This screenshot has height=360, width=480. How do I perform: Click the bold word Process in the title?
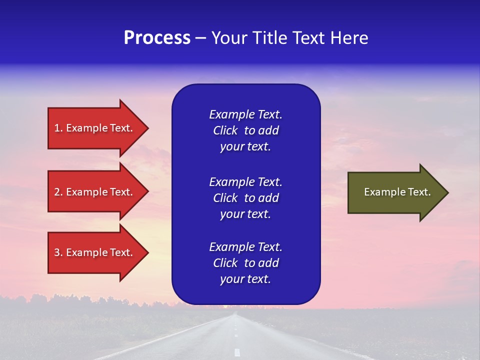(x=157, y=38)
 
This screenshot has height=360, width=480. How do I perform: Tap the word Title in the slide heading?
(x=269, y=38)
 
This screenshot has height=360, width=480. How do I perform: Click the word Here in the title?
(x=349, y=38)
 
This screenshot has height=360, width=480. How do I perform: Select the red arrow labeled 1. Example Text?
(x=95, y=128)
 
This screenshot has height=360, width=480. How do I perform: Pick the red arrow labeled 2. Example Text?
(x=95, y=192)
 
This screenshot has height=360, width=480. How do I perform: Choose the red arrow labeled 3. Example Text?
(x=95, y=252)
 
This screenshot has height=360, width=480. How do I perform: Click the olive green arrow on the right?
(x=395, y=192)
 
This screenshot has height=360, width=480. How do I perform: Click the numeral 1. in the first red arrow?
(x=58, y=128)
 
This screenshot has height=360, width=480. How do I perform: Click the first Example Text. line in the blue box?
(x=245, y=114)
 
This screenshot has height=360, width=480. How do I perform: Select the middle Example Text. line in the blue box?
(x=245, y=181)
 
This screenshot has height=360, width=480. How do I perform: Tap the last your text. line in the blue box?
(x=245, y=279)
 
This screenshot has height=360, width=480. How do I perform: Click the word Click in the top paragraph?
(x=225, y=130)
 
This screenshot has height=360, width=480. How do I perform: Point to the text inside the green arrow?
(x=397, y=192)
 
